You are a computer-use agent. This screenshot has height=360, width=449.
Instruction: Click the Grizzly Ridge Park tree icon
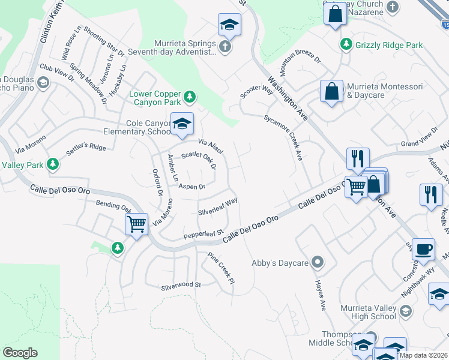point(346,44)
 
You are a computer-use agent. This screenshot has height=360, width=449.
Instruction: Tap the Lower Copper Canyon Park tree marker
point(190,96)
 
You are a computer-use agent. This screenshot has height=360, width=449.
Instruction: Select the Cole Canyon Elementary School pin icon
point(182,124)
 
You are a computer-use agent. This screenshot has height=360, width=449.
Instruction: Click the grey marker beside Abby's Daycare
point(318,262)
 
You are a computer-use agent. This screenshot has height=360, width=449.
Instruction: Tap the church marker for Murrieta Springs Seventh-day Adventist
point(225,47)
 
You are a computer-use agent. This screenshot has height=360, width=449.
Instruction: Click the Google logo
point(20,353)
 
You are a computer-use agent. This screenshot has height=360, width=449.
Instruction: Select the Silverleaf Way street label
point(218,206)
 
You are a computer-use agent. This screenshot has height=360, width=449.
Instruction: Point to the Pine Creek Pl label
point(221,268)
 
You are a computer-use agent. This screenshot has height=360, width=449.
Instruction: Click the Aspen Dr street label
point(192,187)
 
